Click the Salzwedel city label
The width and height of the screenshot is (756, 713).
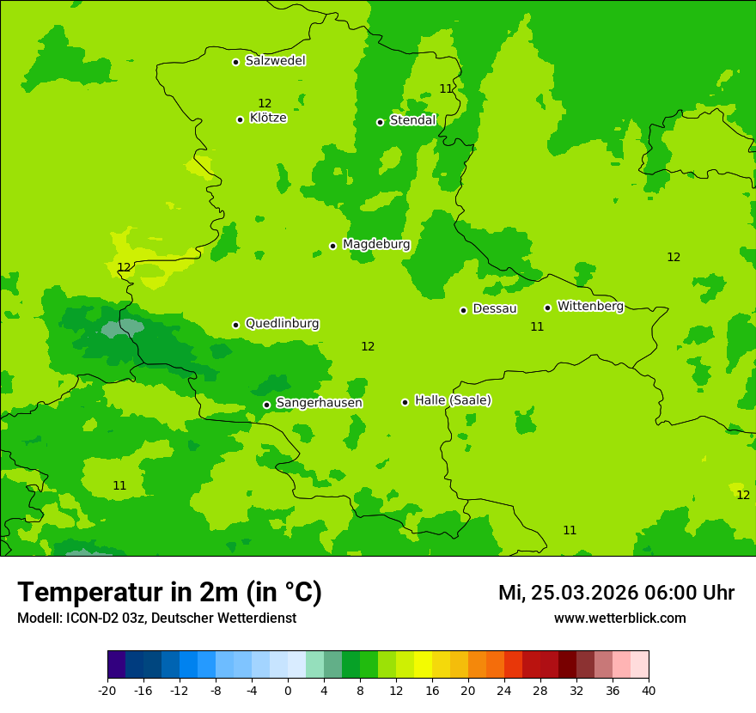point(275,61)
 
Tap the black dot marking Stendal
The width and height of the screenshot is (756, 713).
point(380,122)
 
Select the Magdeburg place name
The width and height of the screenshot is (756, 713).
point(376,245)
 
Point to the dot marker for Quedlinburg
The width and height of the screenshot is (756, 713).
point(235,325)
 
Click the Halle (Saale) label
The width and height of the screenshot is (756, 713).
point(453,400)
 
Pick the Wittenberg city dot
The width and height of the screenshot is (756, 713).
point(547,308)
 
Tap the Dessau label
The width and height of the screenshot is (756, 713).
point(495,308)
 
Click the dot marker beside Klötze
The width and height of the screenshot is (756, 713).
point(240,119)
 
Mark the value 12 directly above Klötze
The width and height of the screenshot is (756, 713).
point(265,104)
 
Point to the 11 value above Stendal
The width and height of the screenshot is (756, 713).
point(446,88)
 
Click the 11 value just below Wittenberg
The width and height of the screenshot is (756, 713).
point(537,326)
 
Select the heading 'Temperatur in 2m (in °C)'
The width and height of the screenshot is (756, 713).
point(169,592)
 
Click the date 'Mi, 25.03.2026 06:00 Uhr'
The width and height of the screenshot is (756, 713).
point(616,593)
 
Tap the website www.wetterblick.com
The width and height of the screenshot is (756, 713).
point(619,618)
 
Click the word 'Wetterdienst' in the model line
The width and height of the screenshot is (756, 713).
point(258,618)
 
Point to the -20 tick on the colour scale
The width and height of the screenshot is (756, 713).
point(107,690)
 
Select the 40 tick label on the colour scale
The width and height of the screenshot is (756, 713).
point(649,690)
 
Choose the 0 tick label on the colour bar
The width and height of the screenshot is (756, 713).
point(288,690)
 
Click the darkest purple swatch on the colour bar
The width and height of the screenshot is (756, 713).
point(116,665)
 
